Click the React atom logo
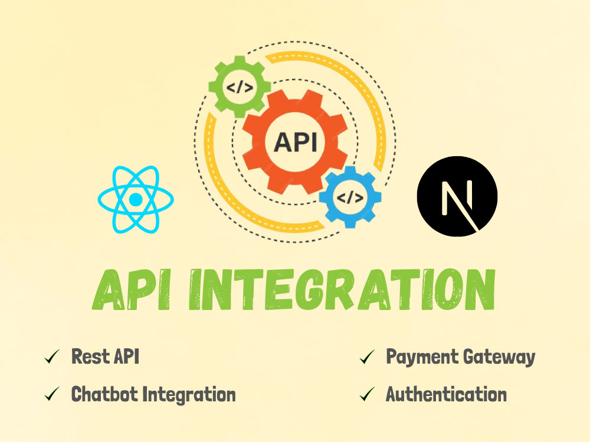pyautogui.click(x=136, y=200)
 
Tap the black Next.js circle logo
pyautogui.click(x=457, y=196)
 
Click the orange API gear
pyautogui.click(x=295, y=142)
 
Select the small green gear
pyautogui.click(x=240, y=87)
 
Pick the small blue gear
pyautogui.click(x=350, y=197)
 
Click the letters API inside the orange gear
pyautogui.click(x=295, y=142)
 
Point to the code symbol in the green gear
pyautogui.click(x=240, y=87)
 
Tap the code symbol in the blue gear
pyautogui.click(x=350, y=197)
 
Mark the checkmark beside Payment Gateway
pyautogui.click(x=367, y=357)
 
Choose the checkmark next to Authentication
pyautogui.click(x=367, y=394)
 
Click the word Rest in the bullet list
pyautogui.click(x=91, y=357)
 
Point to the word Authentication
pyautogui.click(x=446, y=394)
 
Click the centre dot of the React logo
pyautogui.click(x=136, y=200)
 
